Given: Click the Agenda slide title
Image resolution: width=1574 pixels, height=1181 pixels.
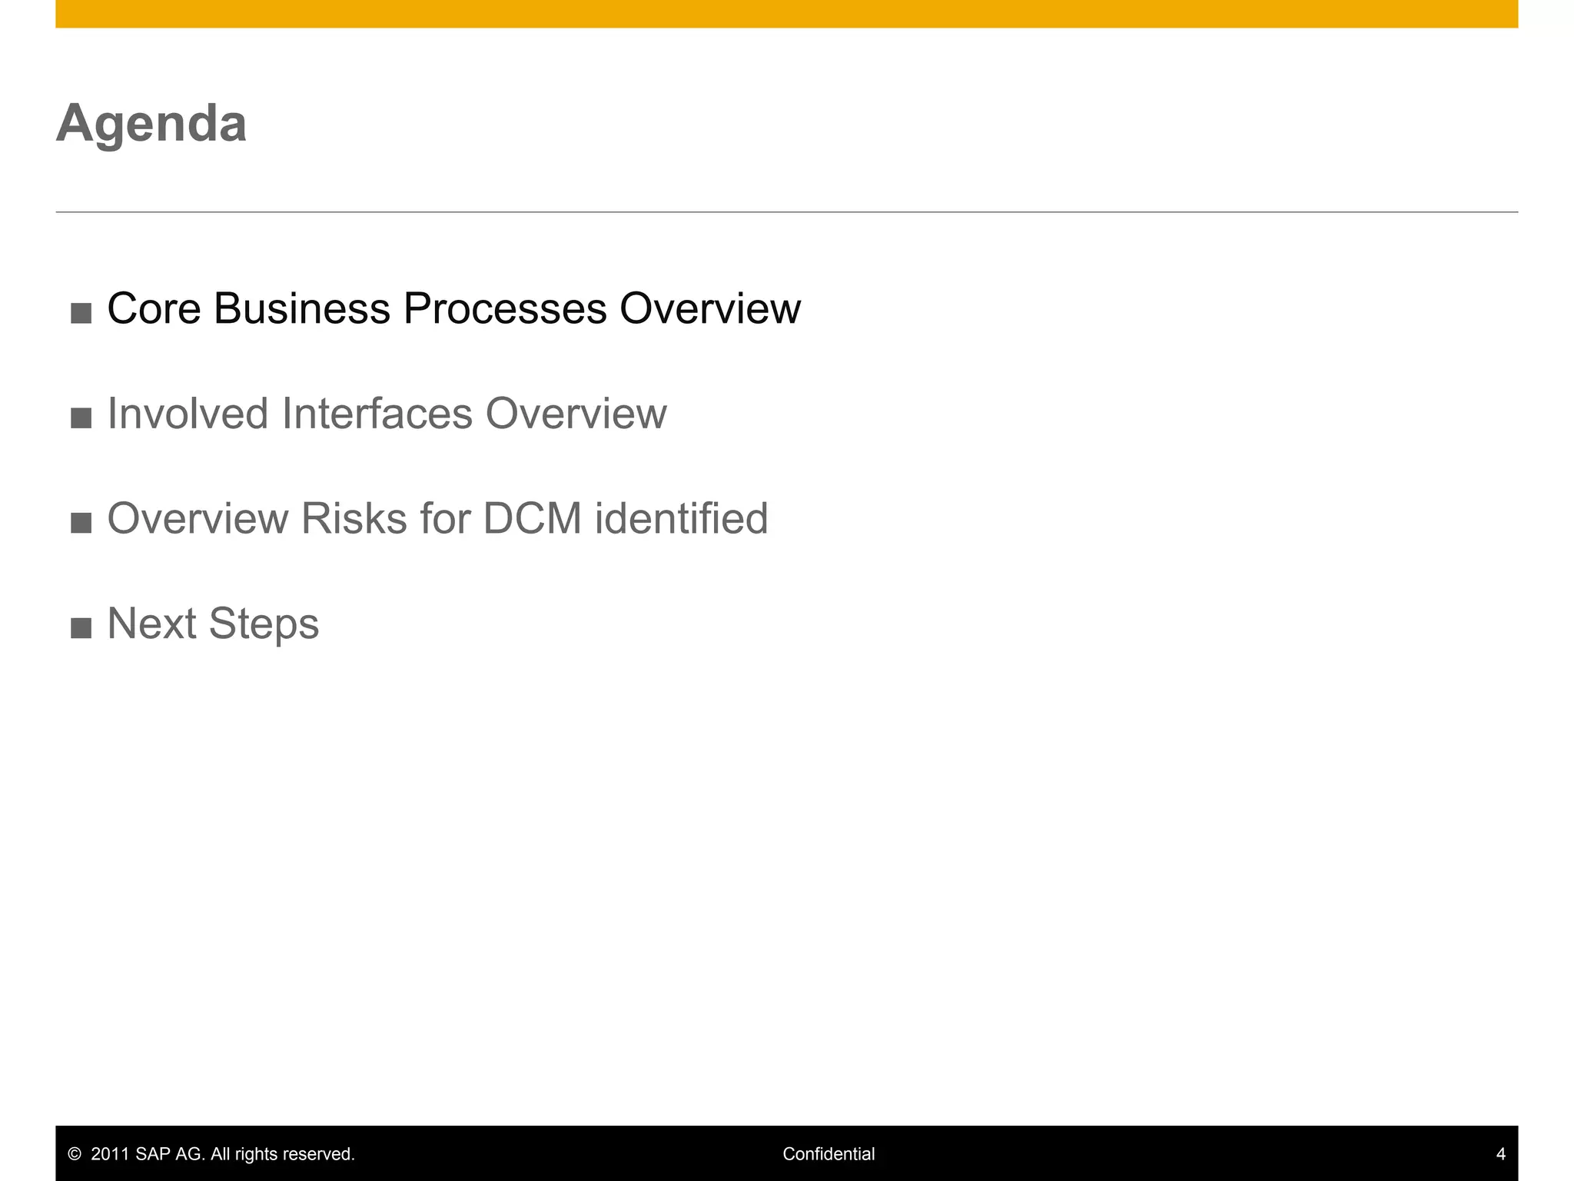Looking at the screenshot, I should pos(151,123).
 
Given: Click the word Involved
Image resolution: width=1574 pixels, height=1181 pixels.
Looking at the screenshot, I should pos(188,414).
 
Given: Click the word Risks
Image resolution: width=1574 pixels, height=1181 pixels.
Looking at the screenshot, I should pos(354,518).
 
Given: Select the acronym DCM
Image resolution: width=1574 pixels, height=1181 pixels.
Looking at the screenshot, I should pos(533,518).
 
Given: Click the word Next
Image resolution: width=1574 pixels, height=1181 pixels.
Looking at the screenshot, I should pos(151,624).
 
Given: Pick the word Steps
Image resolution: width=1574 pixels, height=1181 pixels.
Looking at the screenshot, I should pos(264,624).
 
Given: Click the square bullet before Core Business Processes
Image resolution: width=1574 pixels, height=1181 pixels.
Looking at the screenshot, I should pos(81,314).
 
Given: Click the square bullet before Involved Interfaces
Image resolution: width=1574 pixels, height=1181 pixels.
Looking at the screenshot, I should pos(81,418).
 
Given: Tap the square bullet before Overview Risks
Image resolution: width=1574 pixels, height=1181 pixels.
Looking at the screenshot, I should pos(81,524).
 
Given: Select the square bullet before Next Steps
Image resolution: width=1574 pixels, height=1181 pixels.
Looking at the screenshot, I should pos(81,628).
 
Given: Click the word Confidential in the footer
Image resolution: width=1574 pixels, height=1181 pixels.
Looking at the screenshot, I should pos(829,1154).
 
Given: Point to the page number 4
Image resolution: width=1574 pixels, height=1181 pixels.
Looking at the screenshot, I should pos(1500,1154).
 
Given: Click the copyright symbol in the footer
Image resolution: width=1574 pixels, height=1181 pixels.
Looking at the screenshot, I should pos(75,1154).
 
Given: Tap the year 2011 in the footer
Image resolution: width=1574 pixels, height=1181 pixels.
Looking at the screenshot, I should pos(110,1154).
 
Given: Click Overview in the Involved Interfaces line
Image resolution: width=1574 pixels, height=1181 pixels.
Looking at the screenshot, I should pos(576,414).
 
